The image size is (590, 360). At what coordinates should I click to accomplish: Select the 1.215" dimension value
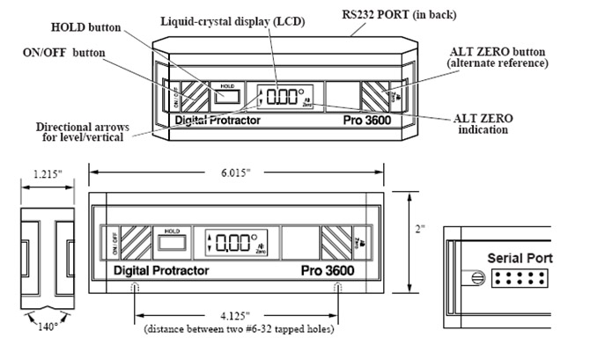pyautogui.click(x=41, y=174)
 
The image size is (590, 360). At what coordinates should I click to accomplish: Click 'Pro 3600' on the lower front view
pyautogui.click(x=331, y=271)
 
